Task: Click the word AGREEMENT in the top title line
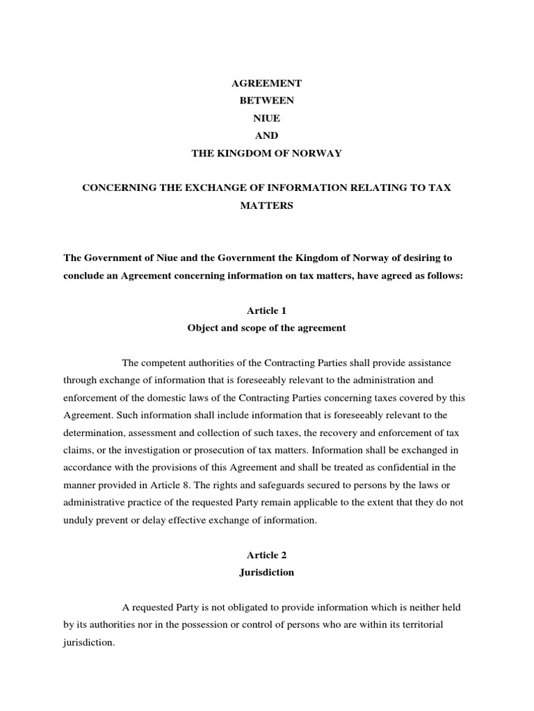click(x=267, y=83)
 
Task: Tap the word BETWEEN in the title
click(x=267, y=101)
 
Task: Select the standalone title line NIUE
click(x=267, y=118)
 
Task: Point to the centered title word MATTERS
click(x=267, y=206)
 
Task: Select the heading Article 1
click(x=267, y=310)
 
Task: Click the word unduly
click(x=77, y=520)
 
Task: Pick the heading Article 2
click(x=267, y=555)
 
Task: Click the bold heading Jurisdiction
click(x=267, y=572)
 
